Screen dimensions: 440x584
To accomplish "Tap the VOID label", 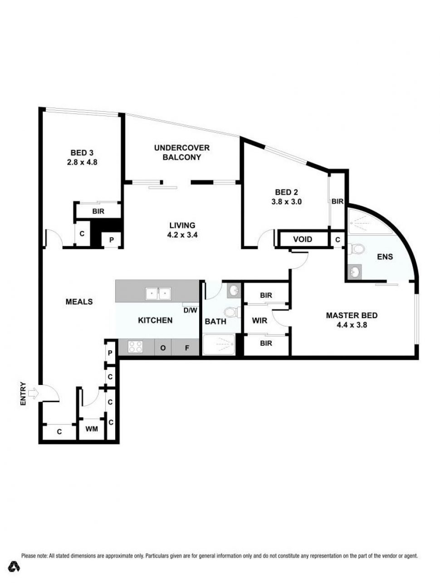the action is click(x=303, y=240).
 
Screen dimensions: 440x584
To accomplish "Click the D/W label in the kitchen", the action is click(x=190, y=310).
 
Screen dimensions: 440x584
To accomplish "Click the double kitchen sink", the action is click(x=158, y=294).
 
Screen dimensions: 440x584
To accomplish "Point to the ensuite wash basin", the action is click(x=355, y=272).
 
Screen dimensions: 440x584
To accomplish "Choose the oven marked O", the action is click(x=163, y=347).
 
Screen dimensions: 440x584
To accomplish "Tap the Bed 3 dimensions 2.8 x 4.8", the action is click(x=82, y=162).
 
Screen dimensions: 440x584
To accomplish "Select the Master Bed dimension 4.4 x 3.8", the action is click(x=352, y=325).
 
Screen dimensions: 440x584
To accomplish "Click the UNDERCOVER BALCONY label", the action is click(x=182, y=152).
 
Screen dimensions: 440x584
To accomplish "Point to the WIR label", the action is click(x=259, y=320).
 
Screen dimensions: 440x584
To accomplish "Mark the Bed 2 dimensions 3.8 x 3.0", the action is click(x=287, y=202).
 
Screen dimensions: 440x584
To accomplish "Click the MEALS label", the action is click(x=79, y=302).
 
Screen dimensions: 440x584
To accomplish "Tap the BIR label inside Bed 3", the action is click(x=98, y=211).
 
